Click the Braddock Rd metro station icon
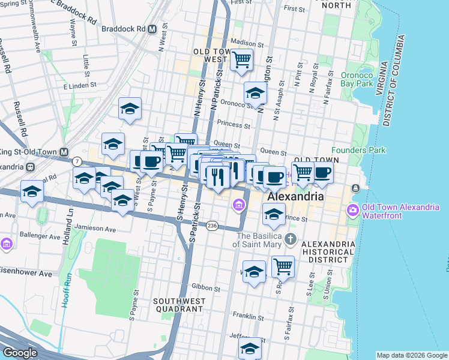[152, 28]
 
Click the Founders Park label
[358, 150]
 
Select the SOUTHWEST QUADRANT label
[178, 305]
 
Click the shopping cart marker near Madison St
[241, 59]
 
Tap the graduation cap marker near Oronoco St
[255, 93]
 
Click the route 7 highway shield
[77, 161]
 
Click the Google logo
[20, 353]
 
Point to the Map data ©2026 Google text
[411, 355]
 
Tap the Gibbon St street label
[202, 287]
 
